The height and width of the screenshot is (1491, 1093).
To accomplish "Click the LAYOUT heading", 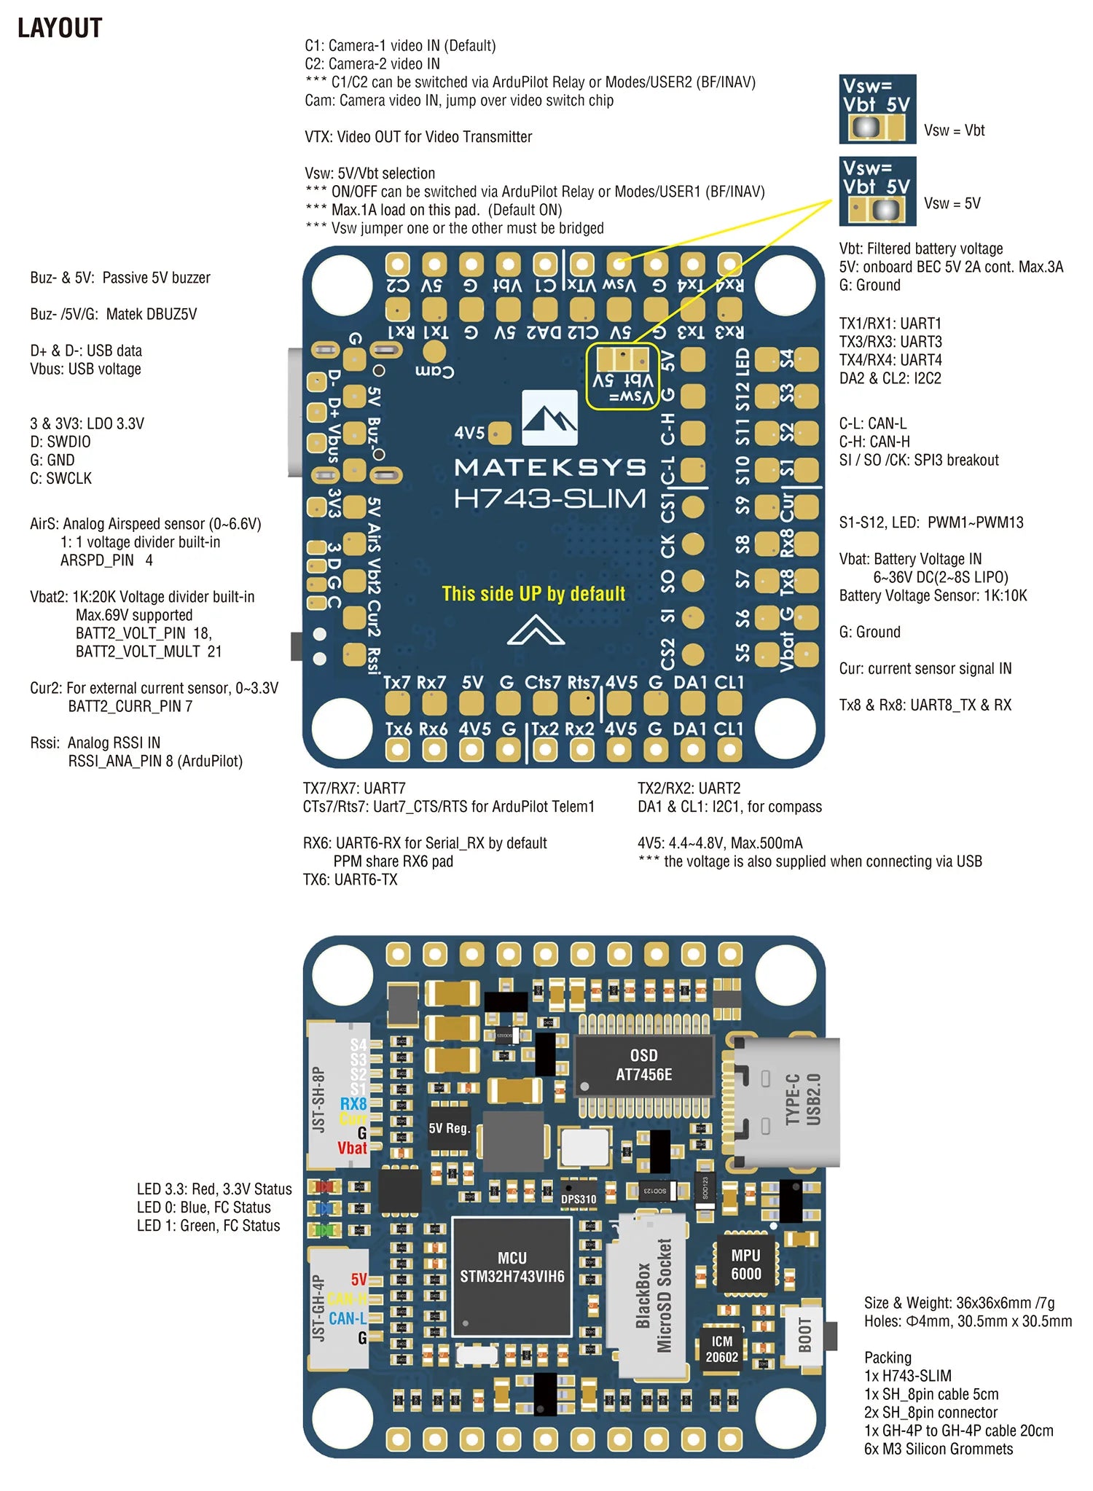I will pyautogui.click(x=60, y=28).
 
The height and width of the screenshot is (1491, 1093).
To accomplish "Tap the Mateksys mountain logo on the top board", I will pyautogui.click(x=549, y=418).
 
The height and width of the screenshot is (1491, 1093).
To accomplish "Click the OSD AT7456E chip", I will pyautogui.click(x=643, y=1065).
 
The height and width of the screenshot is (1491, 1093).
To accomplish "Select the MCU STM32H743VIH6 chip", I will pyautogui.click(x=512, y=1276).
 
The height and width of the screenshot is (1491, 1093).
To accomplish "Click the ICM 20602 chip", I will pyautogui.click(x=721, y=1349).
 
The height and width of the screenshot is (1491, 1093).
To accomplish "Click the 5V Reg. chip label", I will pyautogui.click(x=449, y=1128).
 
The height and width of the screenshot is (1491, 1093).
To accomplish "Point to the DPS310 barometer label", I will pyautogui.click(x=579, y=1199).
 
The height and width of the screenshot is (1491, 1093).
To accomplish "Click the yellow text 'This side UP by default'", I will pyautogui.click(x=533, y=594).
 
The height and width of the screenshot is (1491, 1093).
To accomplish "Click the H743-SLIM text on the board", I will pyautogui.click(x=549, y=499).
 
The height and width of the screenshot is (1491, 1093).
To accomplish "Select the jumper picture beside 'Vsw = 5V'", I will pyautogui.click(x=877, y=191).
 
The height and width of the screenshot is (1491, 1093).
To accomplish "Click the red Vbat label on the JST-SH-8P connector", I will pyautogui.click(x=352, y=1148).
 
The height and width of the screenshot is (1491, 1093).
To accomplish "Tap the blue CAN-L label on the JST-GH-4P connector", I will pyautogui.click(x=348, y=1318).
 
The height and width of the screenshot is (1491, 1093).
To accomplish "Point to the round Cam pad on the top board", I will pyautogui.click(x=434, y=352).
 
